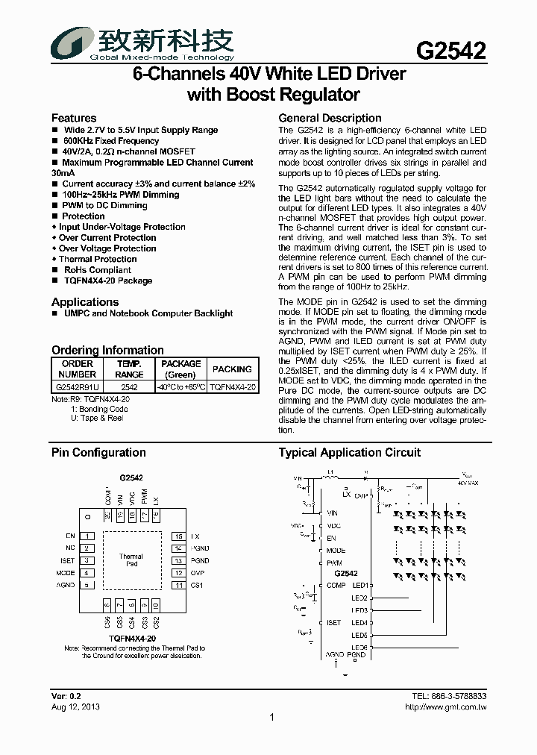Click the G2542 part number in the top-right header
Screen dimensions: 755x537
click(x=450, y=51)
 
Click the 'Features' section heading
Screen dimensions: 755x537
click(x=73, y=118)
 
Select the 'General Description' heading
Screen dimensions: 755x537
click(x=330, y=118)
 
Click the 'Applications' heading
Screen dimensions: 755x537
click(x=85, y=302)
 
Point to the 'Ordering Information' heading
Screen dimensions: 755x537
click(x=107, y=350)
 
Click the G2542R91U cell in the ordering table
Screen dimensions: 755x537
click(x=77, y=388)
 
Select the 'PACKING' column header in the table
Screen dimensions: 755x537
click(x=232, y=369)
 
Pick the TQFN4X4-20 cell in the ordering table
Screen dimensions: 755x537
click(x=232, y=388)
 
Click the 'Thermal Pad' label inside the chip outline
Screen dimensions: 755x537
click(x=131, y=560)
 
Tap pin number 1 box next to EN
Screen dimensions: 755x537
click(x=88, y=536)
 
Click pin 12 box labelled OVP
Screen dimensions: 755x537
click(x=178, y=573)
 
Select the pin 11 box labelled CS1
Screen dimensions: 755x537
click(x=178, y=585)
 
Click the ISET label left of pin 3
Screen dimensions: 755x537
click(x=67, y=561)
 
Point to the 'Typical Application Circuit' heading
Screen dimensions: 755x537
click(x=349, y=453)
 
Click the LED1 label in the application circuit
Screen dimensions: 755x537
click(x=360, y=586)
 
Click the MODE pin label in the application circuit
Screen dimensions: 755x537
click(x=336, y=551)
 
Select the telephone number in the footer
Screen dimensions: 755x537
click(x=449, y=696)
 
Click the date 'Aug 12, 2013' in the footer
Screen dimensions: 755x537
click(x=75, y=707)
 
